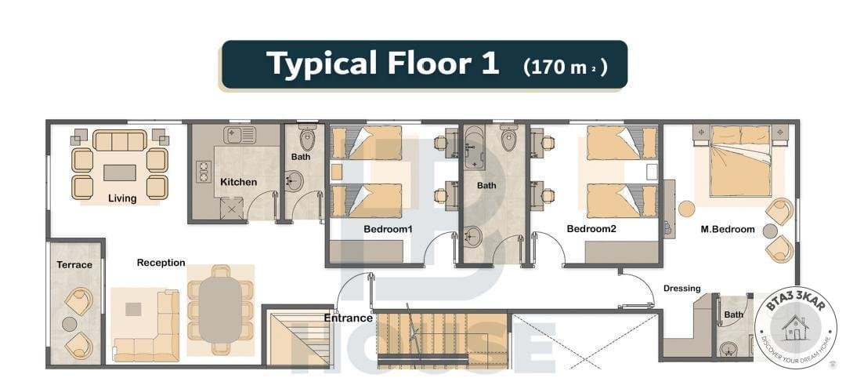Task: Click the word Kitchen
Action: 238,182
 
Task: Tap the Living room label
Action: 122,198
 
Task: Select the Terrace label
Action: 74,264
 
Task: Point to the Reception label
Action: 161,263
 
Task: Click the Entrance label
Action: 348,318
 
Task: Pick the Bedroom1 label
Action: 388,229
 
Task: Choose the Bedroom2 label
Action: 591,229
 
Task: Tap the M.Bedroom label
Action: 727,230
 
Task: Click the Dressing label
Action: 682,289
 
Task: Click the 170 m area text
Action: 566,67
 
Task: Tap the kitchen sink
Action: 240,134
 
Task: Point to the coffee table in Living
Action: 120,173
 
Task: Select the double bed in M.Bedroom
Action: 739,161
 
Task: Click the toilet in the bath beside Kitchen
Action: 308,138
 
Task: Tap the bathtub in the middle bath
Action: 475,147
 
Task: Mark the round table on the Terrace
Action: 70,324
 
